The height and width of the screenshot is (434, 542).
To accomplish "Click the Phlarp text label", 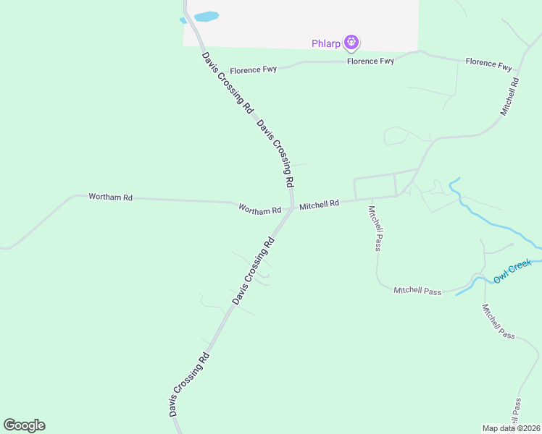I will tap(325, 43).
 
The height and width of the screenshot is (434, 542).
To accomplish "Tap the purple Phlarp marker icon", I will tap(351, 43).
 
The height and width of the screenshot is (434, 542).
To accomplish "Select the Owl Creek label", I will tap(512, 272).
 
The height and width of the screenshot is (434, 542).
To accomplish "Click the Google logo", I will tap(24, 425).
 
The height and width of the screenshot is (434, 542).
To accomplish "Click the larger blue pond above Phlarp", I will tap(207, 16).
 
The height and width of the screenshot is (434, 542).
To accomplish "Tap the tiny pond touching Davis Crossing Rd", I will tap(183, 20).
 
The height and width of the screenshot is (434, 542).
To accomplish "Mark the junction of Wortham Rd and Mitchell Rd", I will tap(292, 208).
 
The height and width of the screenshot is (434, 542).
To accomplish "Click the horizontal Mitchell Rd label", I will tap(319, 205).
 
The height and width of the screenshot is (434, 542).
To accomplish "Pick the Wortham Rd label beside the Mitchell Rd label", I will tap(259, 210).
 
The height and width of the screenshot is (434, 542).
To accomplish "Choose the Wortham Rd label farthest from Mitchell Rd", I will tap(110, 197).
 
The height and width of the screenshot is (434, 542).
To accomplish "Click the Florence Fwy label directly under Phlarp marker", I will tap(370, 61).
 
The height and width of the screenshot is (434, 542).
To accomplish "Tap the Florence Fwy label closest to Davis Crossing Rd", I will tap(254, 70).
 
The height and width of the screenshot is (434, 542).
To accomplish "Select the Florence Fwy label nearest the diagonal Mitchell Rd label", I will tap(488, 64).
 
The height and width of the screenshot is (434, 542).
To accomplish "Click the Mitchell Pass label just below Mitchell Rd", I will tap(375, 228).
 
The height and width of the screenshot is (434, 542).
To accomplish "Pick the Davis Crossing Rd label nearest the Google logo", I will tap(189, 384).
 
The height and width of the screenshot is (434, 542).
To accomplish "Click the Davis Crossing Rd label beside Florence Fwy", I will tap(228, 82).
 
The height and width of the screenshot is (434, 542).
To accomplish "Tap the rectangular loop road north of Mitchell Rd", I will tap(375, 186).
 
